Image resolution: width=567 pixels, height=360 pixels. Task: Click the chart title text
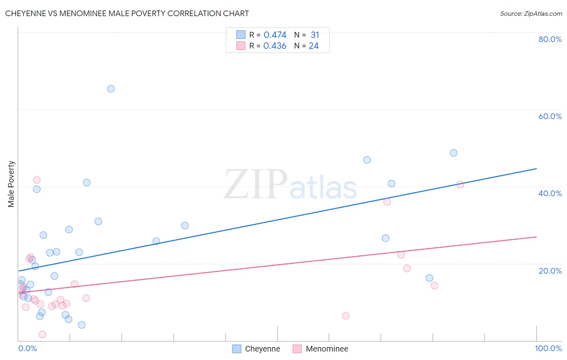[127, 13]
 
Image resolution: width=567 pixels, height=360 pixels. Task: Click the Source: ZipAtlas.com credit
[531, 13]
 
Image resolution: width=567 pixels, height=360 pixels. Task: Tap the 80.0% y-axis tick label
[550, 39]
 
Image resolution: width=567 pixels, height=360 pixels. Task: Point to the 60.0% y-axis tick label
[550, 116]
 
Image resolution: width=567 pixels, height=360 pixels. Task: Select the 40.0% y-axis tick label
[550, 193]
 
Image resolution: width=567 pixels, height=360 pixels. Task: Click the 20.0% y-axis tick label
[550, 271]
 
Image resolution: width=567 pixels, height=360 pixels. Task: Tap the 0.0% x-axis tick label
[27, 348]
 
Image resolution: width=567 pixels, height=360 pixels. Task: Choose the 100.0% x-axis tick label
[548, 348]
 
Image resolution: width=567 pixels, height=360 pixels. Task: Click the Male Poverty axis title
[11, 184]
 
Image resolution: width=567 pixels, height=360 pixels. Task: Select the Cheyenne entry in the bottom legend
[262, 349]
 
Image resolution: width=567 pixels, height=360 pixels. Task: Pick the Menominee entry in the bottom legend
[327, 349]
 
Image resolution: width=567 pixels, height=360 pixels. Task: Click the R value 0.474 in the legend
[275, 35]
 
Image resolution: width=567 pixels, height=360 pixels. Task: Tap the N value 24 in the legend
[314, 46]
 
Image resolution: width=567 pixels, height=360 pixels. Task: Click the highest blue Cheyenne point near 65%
[111, 89]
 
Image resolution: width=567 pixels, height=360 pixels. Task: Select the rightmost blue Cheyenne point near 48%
[454, 153]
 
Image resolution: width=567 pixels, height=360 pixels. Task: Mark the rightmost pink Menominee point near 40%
[460, 184]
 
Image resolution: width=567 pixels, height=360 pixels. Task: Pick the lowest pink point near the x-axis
[42, 334]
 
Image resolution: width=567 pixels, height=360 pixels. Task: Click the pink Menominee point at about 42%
[37, 180]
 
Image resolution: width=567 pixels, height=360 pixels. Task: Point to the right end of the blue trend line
[536, 169]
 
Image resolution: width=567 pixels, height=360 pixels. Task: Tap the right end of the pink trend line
[536, 237]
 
